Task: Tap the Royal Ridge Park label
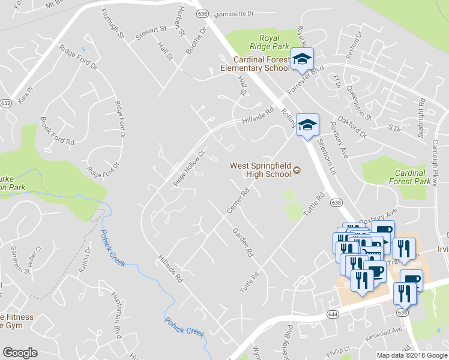(270, 41)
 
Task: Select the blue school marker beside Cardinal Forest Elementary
(302, 59)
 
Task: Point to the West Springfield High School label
(260, 170)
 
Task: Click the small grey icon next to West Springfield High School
(296, 171)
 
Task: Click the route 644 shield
(333, 314)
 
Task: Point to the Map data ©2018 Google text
(412, 355)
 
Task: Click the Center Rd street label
(237, 201)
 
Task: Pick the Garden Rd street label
(243, 242)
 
